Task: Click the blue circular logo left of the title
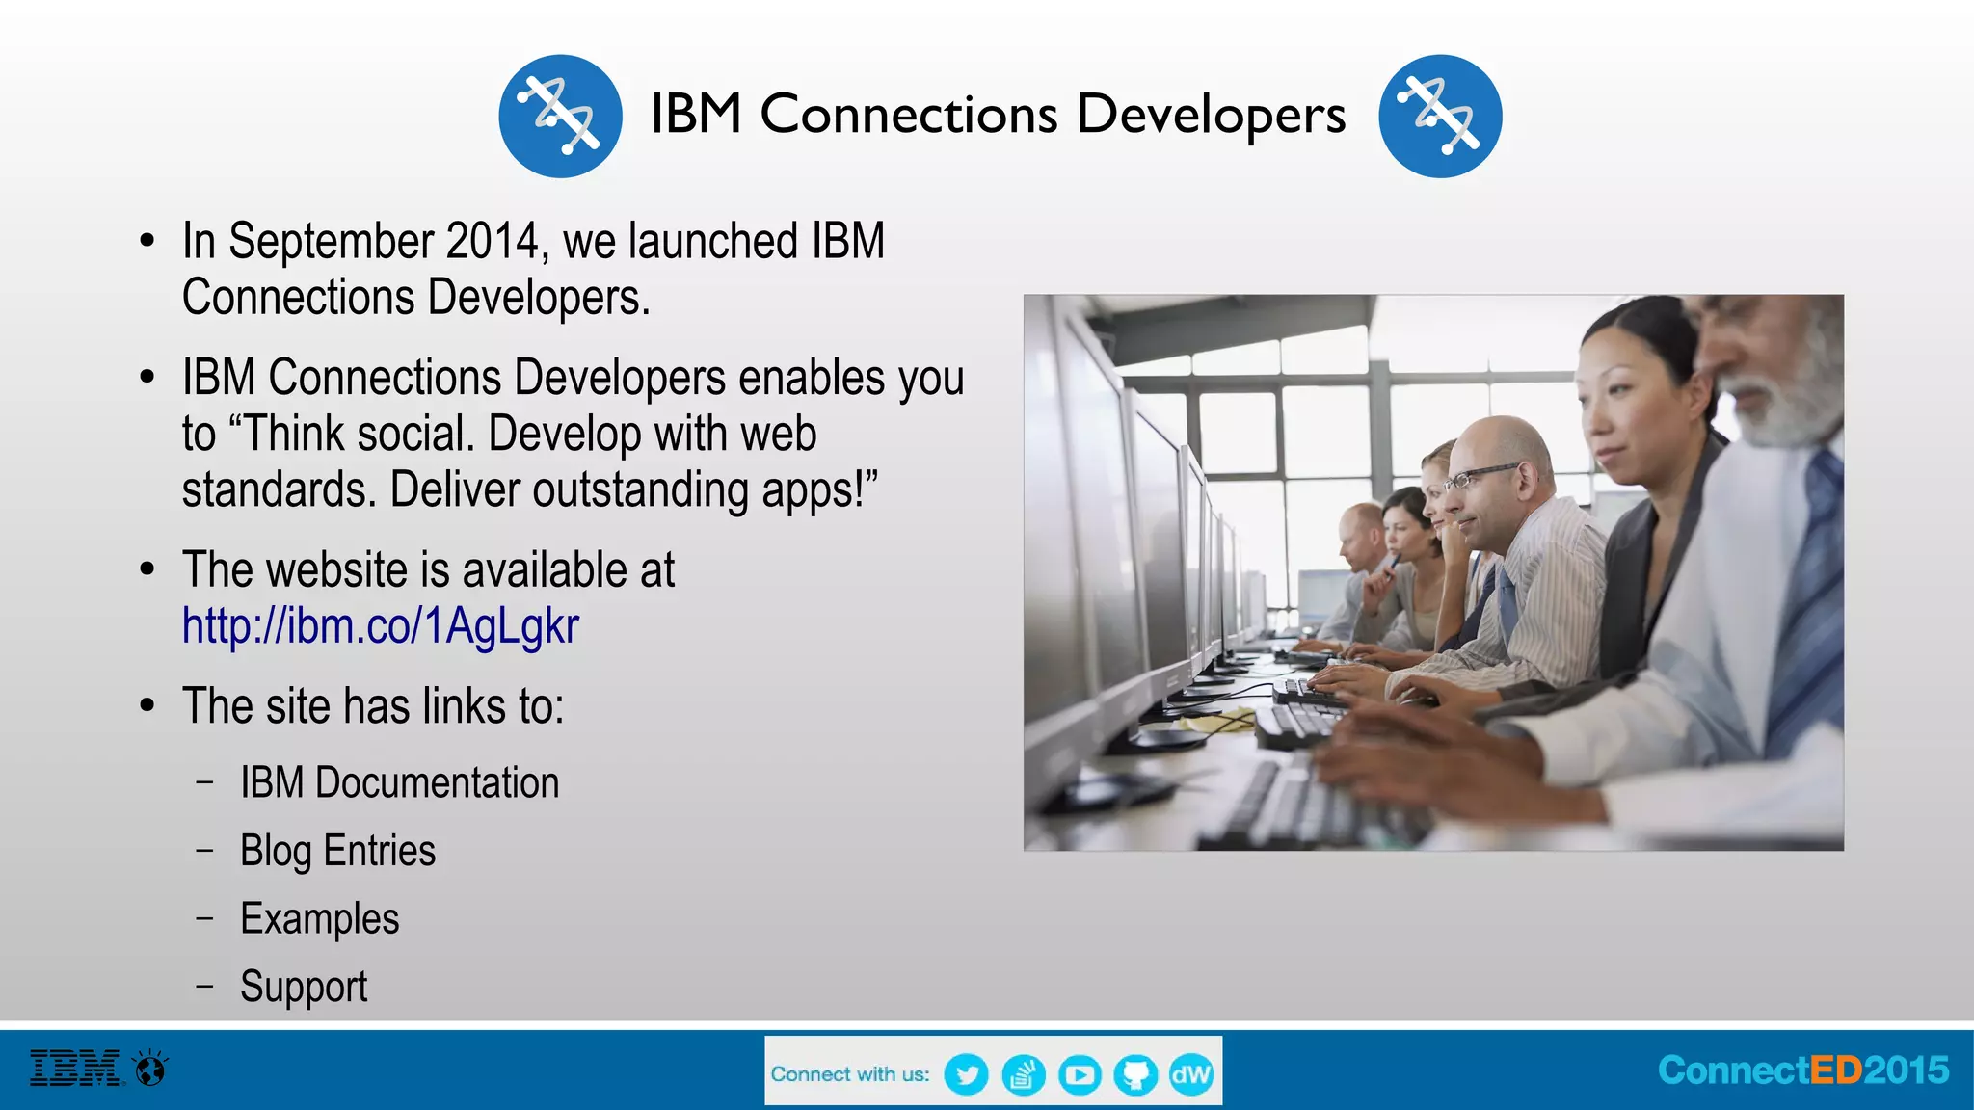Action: [x=560, y=117]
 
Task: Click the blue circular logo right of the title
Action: [x=1440, y=117]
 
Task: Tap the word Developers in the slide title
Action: [x=1211, y=115]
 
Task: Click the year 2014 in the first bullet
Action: [x=492, y=241]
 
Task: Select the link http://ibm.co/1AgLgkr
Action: [x=381, y=626]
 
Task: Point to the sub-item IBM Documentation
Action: [x=399, y=782]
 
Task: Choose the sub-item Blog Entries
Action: [x=337, y=851]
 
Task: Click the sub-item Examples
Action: [x=319, y=918]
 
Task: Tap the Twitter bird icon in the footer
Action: [x=966, y=1074]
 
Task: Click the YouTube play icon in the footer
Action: [x=1080, y=1074]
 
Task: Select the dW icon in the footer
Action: [x=1191, y=1074]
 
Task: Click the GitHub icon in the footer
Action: [x=1135, y=1074]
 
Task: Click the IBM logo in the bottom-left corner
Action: [x=76, y=1069]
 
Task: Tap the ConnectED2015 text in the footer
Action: [x=1803, y=1070]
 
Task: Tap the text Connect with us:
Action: [x=850, y=1074]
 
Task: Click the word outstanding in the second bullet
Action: [x=640, y=489]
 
